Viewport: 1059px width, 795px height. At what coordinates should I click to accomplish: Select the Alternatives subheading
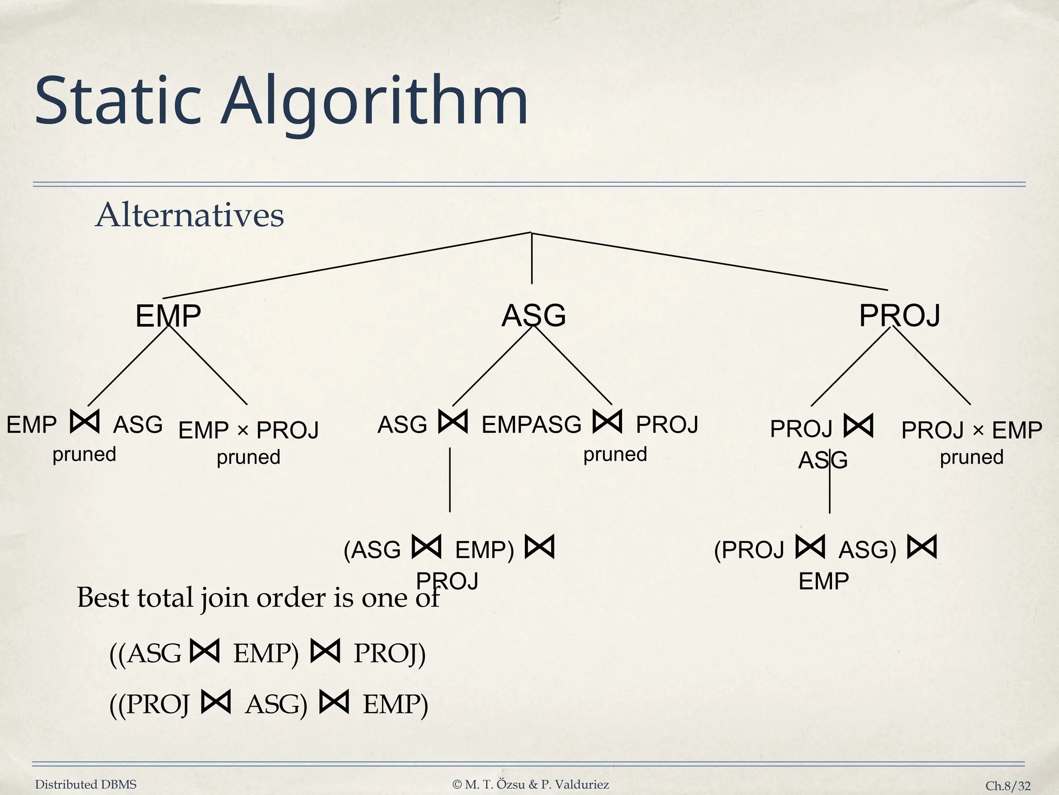[190, 215]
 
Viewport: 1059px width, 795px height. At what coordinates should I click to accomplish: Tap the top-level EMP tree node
[168, 316]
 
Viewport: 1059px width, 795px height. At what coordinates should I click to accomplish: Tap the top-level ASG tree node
[534, 315]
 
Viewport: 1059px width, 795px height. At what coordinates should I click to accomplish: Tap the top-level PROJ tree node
[899, 315]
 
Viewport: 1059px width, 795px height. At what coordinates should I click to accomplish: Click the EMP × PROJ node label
[248, 430]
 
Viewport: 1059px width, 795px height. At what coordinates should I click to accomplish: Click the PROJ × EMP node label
[971, 430]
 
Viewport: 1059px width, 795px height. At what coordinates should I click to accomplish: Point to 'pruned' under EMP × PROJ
[248, 458]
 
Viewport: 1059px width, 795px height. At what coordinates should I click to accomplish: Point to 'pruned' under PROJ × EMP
[971, 458]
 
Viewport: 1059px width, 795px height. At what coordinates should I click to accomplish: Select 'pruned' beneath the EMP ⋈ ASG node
[84, 454]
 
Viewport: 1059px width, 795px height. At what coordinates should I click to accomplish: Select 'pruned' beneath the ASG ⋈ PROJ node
[615, 454]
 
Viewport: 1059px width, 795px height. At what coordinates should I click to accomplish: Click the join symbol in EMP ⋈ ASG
[84, 422]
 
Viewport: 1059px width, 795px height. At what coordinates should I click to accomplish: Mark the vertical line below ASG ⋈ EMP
[450, 480]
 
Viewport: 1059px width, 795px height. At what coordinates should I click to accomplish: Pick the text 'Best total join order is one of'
[258, 598]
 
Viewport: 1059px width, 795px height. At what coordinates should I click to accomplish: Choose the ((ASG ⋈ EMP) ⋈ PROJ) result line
[267, 653]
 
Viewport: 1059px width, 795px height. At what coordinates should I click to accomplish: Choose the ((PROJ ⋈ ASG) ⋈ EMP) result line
[268, 704]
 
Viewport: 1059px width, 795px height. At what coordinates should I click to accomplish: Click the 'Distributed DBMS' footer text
[85, 785]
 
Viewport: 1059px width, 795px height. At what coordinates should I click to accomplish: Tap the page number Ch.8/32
[1007, 786]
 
